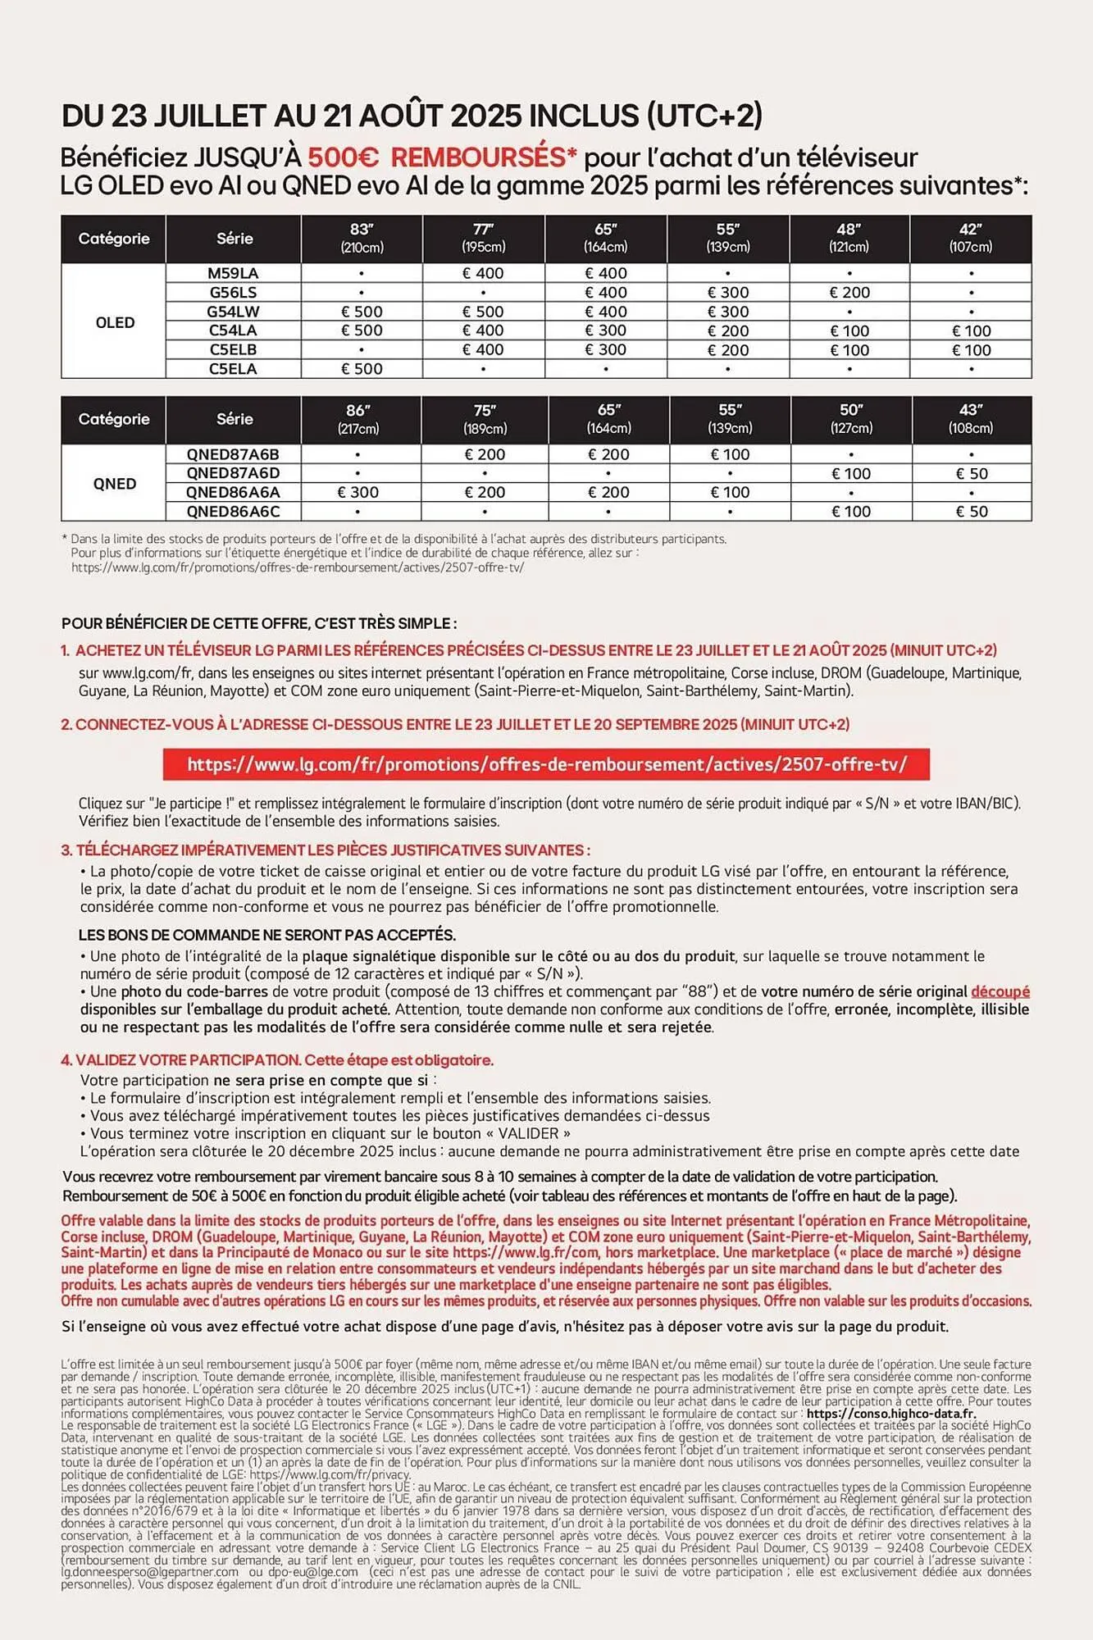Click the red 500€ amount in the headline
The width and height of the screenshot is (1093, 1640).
pyautogui.click(x=343, y=157)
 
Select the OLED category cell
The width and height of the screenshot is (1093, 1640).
pyautogui.click(x=114, y=321)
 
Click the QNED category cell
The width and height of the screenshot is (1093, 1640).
pyautogui.click(x=114, y=483)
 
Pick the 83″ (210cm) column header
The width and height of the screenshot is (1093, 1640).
pyautogui.click(x=362, y=238)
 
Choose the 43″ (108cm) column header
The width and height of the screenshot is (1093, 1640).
pyautogui.click(x=971, y=418)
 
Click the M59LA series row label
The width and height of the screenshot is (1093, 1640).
pyautogui.click(x=233, y=273)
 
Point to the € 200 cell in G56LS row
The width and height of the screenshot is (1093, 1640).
pyautogui.click(x=849, y=293)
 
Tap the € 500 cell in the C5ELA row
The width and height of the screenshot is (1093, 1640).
pyautogui.click(x=362, y=369)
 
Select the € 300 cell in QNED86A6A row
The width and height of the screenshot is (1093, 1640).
pyautogui.click(x=358, y=492)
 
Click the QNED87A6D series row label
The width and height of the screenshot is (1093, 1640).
pyautogui.click(x=233, y=473)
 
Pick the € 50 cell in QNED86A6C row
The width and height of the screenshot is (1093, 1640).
pyautogui.click(x=971, y=512)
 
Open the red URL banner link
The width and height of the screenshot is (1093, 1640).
pyautogui.click(x=546, y=764)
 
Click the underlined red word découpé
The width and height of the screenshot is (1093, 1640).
pyautogui.click(x=1000, y=991)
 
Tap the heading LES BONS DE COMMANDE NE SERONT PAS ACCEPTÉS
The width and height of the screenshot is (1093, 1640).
pyautogui.click(x=267, y=935)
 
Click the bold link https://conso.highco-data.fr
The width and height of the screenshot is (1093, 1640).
pyautogui.click(x=891, y=1413)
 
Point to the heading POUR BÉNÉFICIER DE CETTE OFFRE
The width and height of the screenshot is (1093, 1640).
pyautogui.click(x=259, y=623)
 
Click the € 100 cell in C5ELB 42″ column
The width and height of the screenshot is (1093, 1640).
pyautogui.click(x=971, y=350)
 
